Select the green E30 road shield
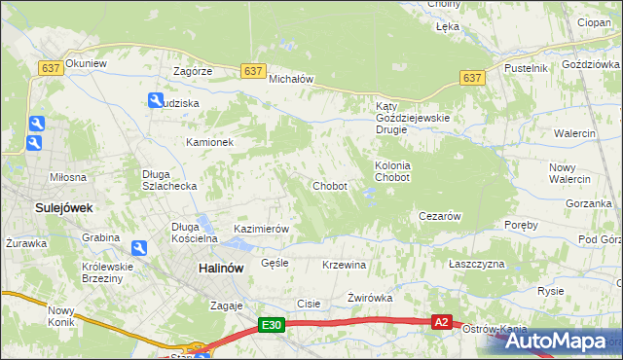pos(272,326)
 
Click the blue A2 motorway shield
pos(442,322)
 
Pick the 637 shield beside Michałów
pos(253,71)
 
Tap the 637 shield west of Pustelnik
pos(472,78)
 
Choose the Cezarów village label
pos(438,216)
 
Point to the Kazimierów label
pos(262,229)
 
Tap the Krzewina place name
pos(344,265)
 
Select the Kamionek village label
pos(210,142)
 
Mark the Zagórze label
pos(193,72)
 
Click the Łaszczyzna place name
pos(477,264)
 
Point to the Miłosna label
pos(69,177)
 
